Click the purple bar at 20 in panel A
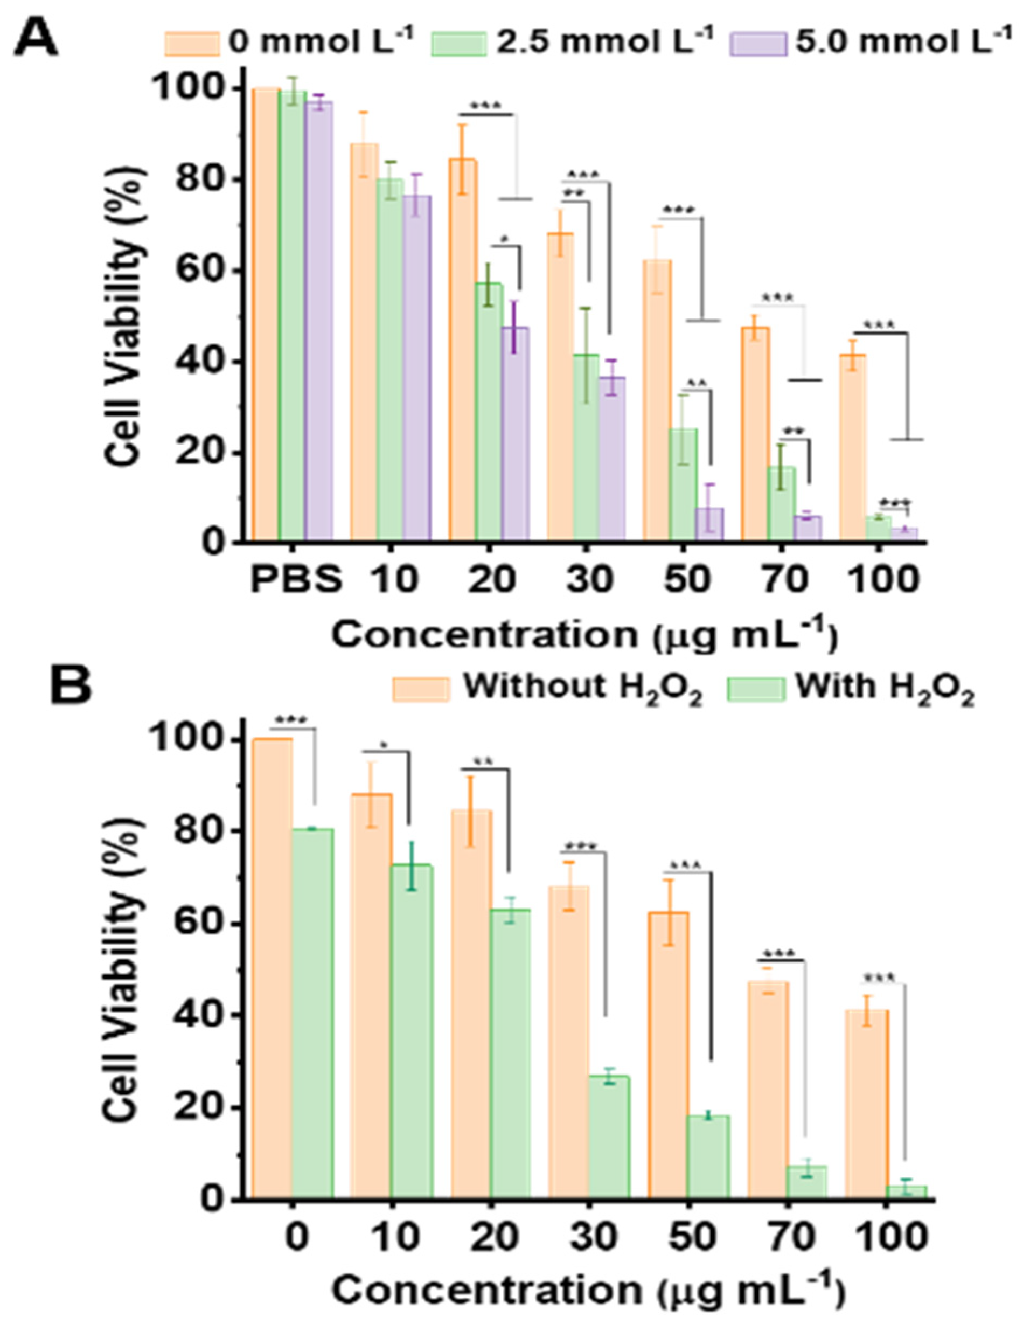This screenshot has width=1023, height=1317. [x=516, y=434]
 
